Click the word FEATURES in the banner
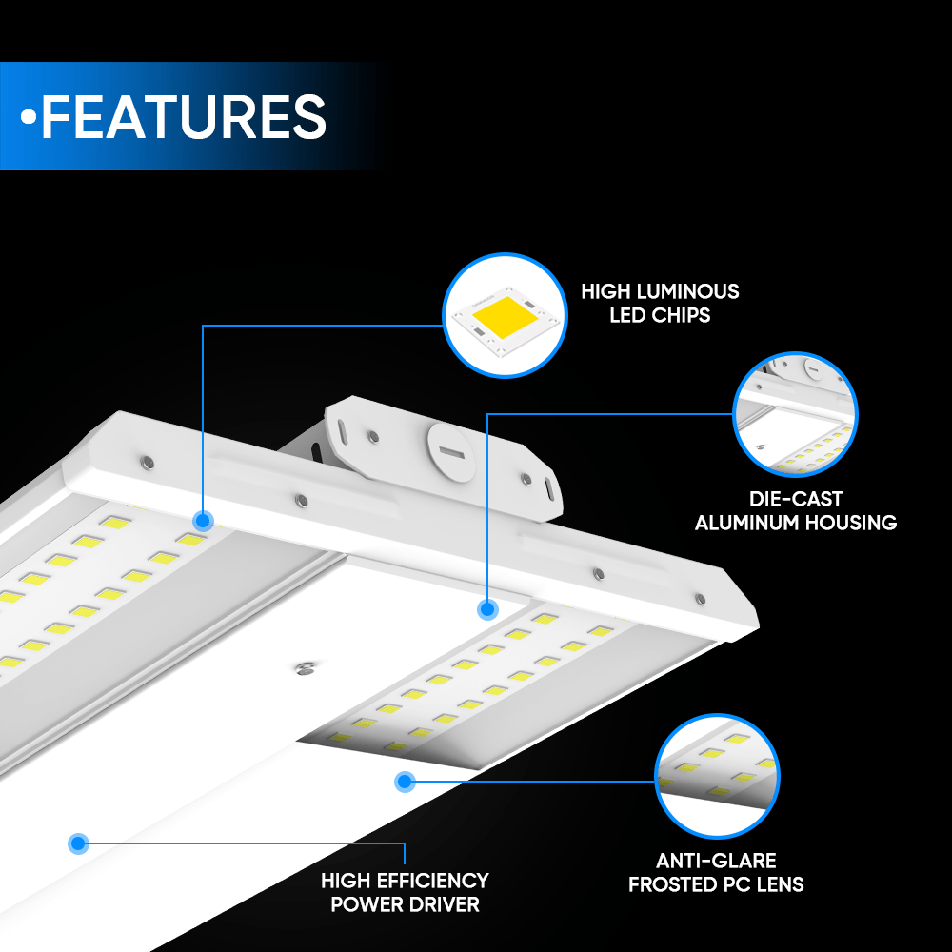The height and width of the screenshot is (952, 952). click(184, 116)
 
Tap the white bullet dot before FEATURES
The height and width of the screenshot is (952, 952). click(29, 116)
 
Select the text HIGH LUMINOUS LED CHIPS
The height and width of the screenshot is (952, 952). click(660, 303)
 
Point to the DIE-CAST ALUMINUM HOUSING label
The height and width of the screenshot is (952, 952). click(795, 510)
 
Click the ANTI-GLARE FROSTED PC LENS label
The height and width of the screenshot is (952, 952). click(716, 872)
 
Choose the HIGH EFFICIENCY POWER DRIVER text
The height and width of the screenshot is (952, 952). click(405, 892)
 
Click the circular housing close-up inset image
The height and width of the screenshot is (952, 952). click(795, 415)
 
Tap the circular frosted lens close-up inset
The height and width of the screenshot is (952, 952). click(717, 776)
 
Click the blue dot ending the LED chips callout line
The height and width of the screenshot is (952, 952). click(203, 521)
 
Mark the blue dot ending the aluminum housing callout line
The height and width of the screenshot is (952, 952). click(487, 609)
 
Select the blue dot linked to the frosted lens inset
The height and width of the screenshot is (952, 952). click(405, 782)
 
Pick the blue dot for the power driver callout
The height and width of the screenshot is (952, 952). click(78, 843)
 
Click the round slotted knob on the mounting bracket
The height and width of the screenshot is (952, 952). click(451, 452)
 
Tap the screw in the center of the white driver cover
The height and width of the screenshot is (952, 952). click(306, 668)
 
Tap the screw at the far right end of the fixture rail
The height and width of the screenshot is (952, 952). click(700, 599)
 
